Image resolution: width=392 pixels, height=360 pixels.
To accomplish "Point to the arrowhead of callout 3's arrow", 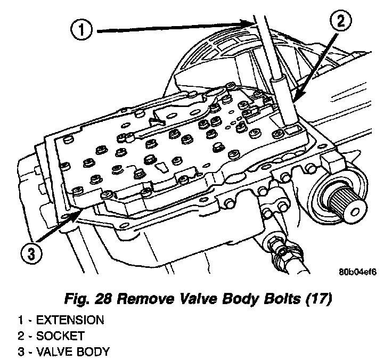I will click(x=80, y=212).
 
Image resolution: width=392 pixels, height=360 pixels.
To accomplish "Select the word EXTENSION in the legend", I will click(x=68, y=320).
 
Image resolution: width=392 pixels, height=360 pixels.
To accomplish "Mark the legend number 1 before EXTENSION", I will click(x=21, y=320).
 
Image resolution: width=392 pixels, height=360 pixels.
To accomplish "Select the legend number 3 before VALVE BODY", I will click(x=21, y=351).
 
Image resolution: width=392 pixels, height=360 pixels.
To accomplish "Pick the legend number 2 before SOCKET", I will click(x=21, y=336).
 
